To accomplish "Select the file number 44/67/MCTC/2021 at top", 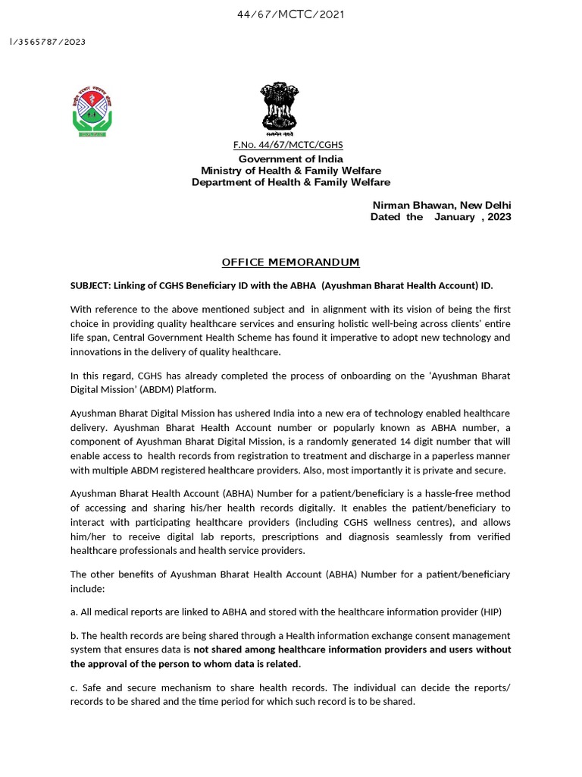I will pyautogui.click(x=291, y=14).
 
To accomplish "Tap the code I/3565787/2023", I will pyautogui.click(x=47, y=42).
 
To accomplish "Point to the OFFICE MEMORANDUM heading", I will pyautogui.click(x=290, y=263).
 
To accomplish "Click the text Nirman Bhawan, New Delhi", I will pyautogui.click(x=441, y=206).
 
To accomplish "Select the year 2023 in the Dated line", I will pyautogui.click(x=498, y=217).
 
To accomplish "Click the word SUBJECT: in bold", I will pyautogui.click(x=89, y=286).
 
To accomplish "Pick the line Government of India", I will pyautogui.click(x=291, y=159).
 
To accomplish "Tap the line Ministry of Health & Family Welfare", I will pyautogui.click(x=291, y=171).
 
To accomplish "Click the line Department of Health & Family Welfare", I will pyautogui.click(x=291, y=182).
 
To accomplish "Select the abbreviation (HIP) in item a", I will pyautogui.click(x=490, y=612).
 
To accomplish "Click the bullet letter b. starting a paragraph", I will pyautogui.click(x=74, y=635).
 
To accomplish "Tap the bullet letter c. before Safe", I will pyautogui.click(x=74, y=687).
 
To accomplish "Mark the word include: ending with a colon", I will pyautogui.click(x=87, y=588).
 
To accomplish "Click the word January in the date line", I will pyautogui.click(x=454, y=217).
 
